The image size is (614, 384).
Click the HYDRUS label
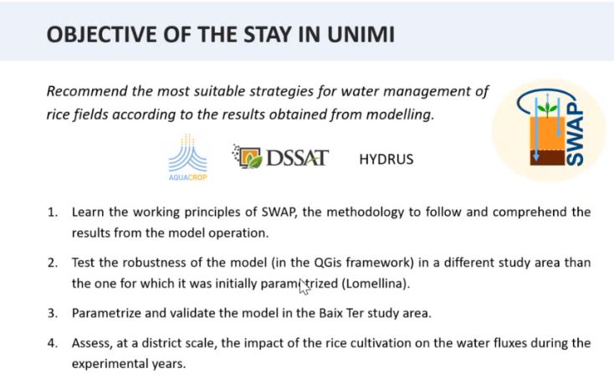coord(386,159)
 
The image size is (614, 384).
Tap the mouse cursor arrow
coord(304,287)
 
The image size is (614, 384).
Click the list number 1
coord(52,212)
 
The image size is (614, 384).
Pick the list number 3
coord(52,313)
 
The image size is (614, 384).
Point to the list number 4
coord(52,342)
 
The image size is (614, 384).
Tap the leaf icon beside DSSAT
coord(247,156)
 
